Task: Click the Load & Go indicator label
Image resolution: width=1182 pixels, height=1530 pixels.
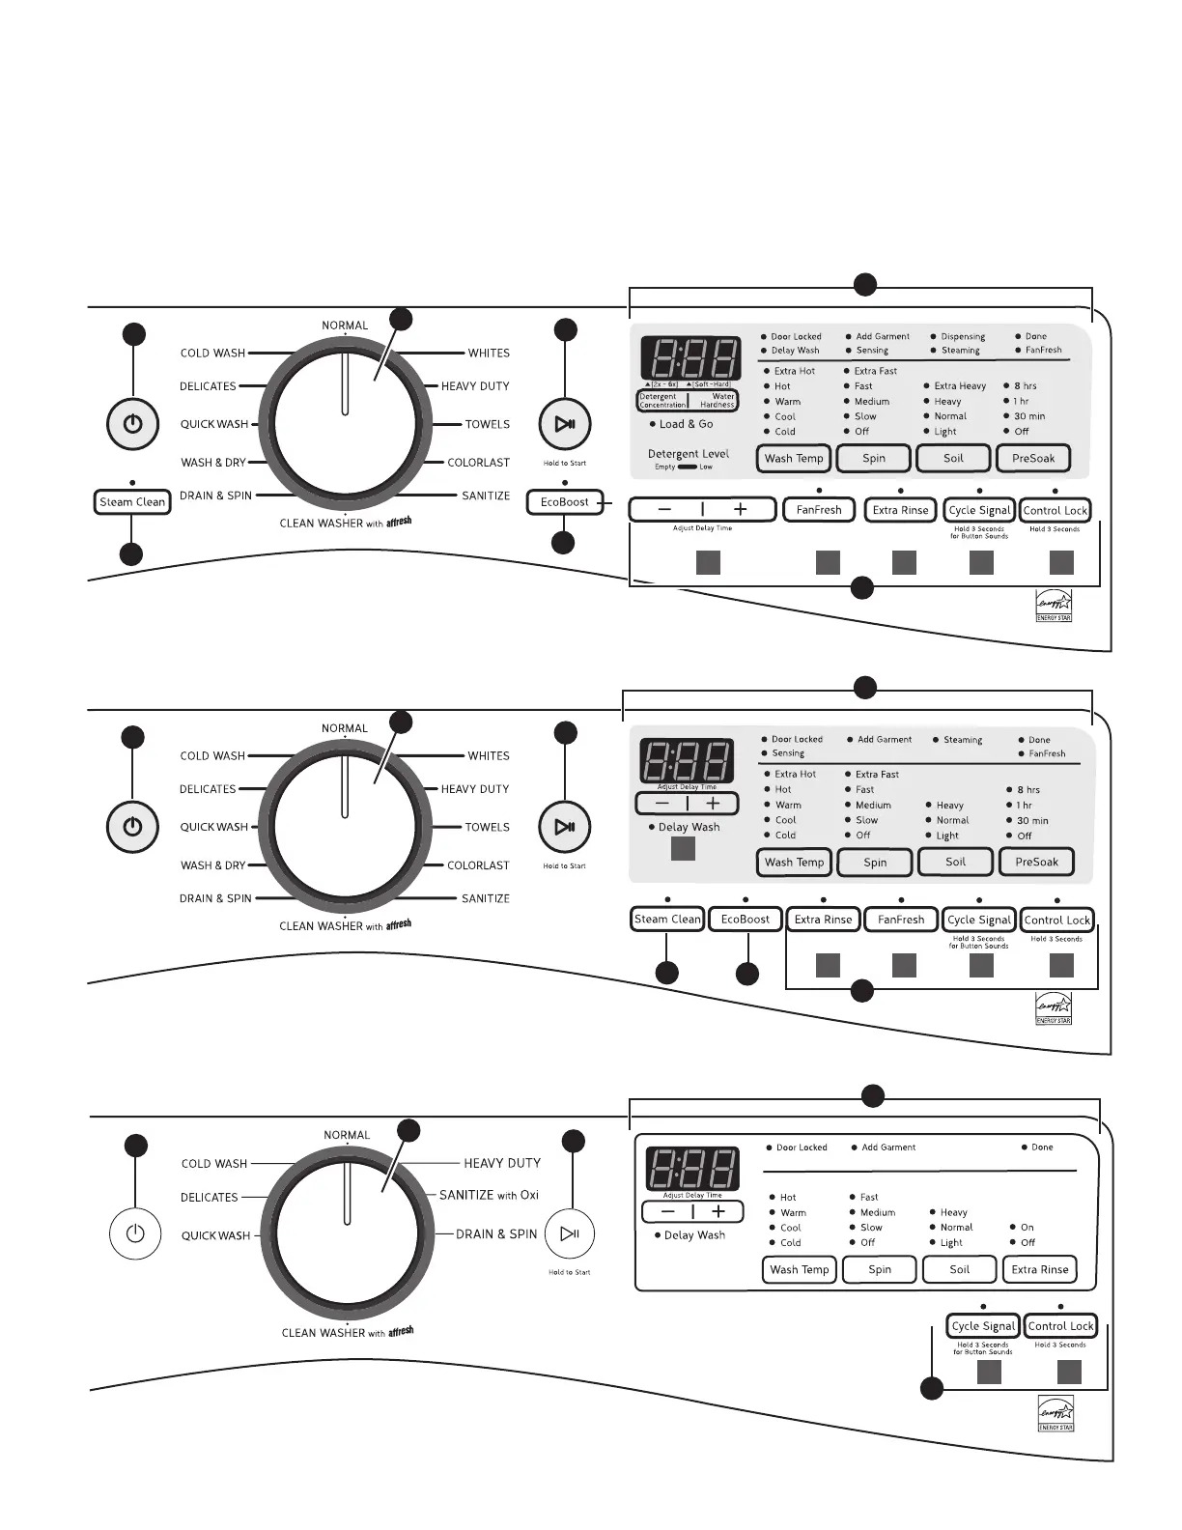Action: coord(686,424)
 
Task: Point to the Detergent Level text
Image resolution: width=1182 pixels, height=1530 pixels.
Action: coord(688,454)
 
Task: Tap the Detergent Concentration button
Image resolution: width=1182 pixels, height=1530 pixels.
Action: coord(662,401)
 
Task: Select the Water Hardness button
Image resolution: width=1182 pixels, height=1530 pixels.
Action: coord(716,401)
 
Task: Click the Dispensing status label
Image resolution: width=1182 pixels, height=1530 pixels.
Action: coord(963,337)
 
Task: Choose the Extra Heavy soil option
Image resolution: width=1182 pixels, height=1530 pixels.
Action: coord(959,386)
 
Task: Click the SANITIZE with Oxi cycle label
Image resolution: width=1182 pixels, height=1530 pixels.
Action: coord(489,1196)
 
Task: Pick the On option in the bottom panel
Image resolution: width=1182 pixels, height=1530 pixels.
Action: coord(1027,1228)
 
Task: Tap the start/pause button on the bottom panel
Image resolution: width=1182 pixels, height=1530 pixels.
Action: coord(570,1233)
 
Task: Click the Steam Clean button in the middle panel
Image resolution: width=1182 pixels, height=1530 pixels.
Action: coord(667,920)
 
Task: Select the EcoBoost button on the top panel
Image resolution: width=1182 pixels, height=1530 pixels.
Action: coord(565,502)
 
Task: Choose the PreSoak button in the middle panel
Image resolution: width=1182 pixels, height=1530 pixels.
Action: coord(1036,862)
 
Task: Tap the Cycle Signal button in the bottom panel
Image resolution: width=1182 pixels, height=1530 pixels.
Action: coord(983,1326)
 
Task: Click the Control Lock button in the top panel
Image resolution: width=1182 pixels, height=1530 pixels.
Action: coord(1055,510)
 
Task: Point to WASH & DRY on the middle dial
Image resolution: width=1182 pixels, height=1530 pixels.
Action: coord(212,865)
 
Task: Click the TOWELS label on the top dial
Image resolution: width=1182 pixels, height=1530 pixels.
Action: coord(487,424)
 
